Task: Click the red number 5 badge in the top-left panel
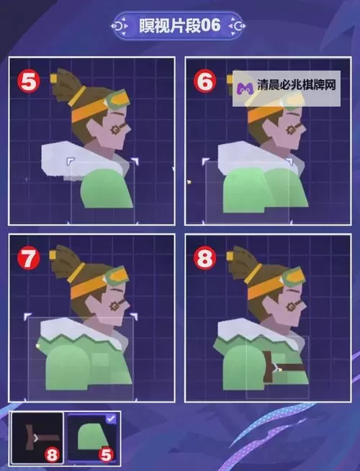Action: pos(29,81)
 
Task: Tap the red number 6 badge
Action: pos(204,81)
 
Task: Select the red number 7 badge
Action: pos(29,258)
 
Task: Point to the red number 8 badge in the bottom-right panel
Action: pos(204,258)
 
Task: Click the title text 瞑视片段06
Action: pos(179,25)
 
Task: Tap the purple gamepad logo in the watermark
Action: pos(245,89)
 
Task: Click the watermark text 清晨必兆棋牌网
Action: pos(296,85)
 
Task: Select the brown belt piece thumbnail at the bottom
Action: pos(37,437)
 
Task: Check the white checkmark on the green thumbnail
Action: pos(111,418)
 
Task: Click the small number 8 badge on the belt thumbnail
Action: pos(52,454)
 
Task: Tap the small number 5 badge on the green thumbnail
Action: pos(107,454)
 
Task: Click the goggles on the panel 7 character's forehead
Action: pos(117,276)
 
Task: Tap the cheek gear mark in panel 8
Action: pos(290,307)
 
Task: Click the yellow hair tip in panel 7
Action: pos(53,255)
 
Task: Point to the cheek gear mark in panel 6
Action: pos(290,130)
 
